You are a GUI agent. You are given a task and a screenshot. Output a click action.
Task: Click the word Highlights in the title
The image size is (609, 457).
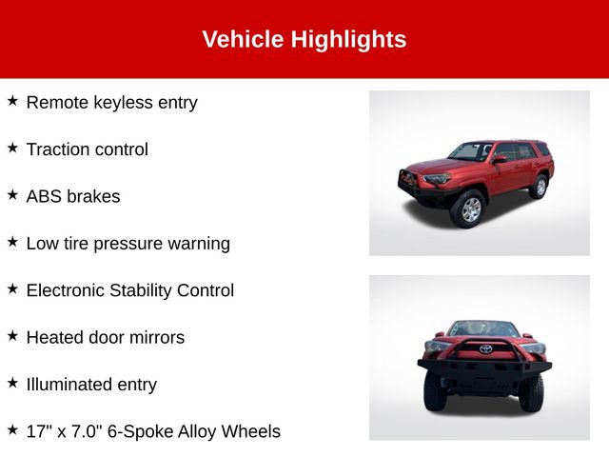click(348, 40)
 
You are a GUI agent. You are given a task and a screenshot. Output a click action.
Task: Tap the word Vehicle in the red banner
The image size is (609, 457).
click(244, 39)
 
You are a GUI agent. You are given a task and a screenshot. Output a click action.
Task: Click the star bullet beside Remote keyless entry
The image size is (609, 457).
click(12, 101)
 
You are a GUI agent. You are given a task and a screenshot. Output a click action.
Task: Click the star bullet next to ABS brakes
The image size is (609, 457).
click(12, 194)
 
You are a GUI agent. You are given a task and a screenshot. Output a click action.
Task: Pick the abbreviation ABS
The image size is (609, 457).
click(45, 196)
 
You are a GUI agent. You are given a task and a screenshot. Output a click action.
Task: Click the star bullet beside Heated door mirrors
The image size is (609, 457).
click(12, 335)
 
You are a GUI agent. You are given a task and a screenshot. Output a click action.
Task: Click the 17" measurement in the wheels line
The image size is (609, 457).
click(37, 431)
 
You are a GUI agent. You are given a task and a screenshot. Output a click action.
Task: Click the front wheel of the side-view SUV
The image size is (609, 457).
click(469, 209)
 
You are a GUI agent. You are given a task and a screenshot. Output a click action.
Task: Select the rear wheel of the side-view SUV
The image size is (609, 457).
click(540, 187)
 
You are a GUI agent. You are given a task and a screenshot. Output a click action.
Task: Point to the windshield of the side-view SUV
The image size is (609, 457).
click(470, 151)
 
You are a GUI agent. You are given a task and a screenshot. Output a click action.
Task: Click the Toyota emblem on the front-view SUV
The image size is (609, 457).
click(485, 348)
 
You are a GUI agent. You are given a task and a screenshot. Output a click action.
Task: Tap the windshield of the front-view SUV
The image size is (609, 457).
click(482, 328)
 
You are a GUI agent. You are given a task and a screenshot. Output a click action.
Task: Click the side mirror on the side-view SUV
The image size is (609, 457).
click(500, 159)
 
